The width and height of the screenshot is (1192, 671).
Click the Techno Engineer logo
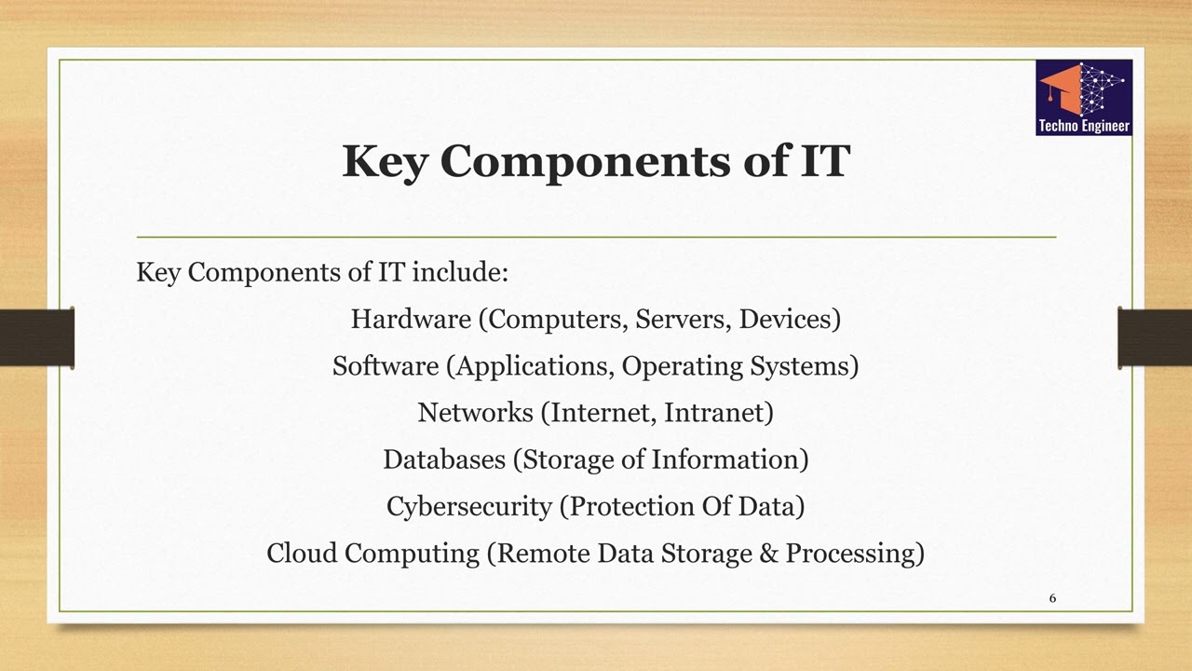[x=1084, y=97]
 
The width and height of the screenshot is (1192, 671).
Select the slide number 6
[x=1053, y=598]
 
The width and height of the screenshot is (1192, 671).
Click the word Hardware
[x=411, y=320]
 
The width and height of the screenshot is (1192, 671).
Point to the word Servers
[x=683, y=320]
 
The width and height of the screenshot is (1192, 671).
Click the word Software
[x=385, y=366]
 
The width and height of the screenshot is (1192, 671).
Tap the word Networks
[x=475, y=413]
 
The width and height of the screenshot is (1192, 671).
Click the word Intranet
[x=718, y=413]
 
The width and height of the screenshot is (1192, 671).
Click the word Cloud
[x=302, y=554]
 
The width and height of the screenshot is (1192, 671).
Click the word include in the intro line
[x=459, y=273]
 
